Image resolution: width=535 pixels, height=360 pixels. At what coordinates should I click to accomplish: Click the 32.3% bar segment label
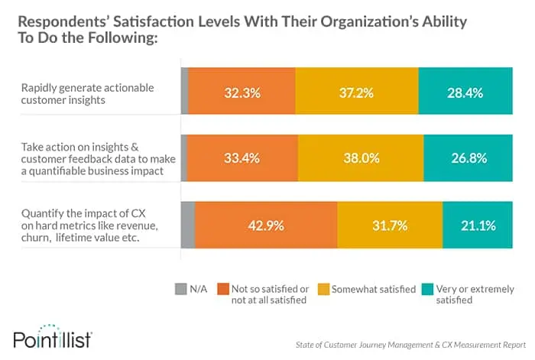(242, 93)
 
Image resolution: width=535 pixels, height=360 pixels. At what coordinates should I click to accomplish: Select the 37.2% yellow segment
(357, 93)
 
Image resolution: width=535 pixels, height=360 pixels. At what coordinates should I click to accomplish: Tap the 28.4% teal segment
(465, 93)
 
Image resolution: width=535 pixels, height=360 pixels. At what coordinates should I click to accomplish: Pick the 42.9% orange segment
(266, 225)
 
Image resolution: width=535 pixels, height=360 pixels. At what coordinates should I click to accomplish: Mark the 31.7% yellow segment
(390, 225)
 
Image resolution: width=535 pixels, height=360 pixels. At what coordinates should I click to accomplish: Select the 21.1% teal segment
(477, 225)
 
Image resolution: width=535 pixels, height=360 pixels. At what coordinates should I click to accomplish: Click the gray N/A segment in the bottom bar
(187, 225)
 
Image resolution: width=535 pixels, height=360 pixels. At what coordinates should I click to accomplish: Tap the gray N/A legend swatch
(181, 289)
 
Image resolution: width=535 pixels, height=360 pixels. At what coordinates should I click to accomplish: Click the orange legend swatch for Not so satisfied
(223, 289)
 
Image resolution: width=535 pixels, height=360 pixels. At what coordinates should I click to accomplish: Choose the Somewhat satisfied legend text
(374, 289)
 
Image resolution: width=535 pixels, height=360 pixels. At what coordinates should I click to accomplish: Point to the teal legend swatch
(429, 289)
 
